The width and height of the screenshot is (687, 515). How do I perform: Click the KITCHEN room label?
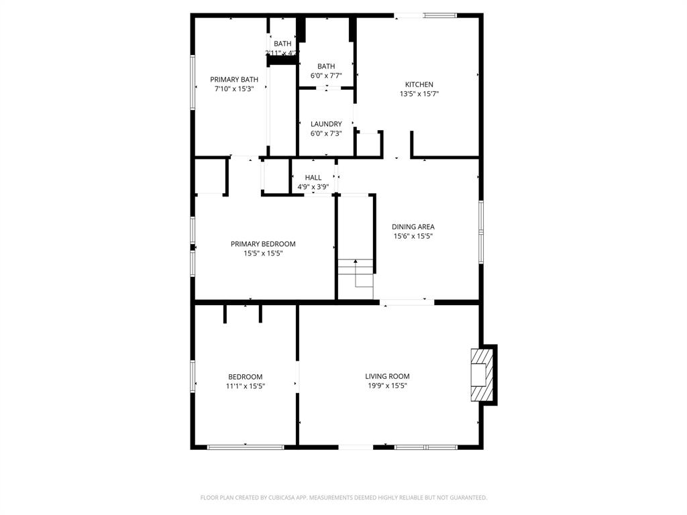tap(419, 84)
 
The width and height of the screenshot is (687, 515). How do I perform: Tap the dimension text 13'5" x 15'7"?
tap(419, 94)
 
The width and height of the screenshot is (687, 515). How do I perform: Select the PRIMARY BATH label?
tap(234, 79)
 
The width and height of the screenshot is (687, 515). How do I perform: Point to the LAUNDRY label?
tap(326, 124)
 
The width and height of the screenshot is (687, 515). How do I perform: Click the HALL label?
tap(313, 178)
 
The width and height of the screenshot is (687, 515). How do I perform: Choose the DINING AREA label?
tap(413, 227)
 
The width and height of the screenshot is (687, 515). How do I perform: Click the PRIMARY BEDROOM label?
tap(263, 244)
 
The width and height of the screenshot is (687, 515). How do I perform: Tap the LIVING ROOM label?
tap(387, 376)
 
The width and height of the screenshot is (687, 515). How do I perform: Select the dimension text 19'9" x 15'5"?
tap(387, 386)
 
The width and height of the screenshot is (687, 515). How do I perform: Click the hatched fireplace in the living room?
tap(482, 375)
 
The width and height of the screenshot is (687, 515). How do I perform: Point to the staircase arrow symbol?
tap(356, 265)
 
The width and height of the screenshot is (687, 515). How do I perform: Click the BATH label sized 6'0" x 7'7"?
tap(326, 66)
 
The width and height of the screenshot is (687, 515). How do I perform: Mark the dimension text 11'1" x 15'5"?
tap(245, 386)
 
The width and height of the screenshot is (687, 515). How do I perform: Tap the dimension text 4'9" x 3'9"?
tap(313, 187)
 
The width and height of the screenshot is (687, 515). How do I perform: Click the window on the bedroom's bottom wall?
tap(246, 447)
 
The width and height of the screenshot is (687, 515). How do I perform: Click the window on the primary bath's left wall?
tap(193, 82)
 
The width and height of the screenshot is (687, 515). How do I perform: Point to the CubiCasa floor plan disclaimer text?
tap(343, 498)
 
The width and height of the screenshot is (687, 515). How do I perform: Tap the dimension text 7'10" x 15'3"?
tap(234, 89)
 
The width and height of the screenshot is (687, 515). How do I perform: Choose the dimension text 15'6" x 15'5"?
tap(413, 236)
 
